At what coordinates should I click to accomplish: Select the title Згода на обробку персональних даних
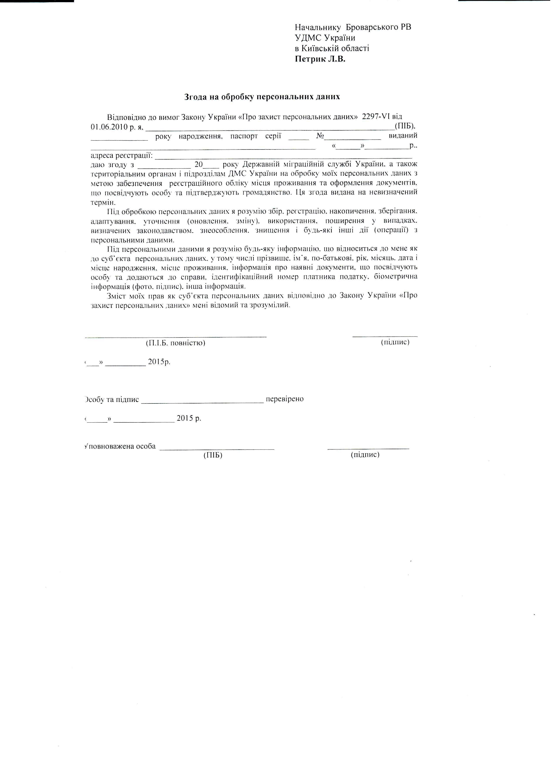[x=262, y=97]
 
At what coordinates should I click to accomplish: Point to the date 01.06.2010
[x=107, y=127]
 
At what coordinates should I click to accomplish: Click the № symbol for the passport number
[x=320, y=136]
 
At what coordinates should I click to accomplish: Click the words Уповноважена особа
[x=120, y=446]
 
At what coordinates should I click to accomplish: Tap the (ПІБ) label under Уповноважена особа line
[x=213, y=455]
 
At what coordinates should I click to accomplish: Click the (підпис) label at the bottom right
[x=365, y=455]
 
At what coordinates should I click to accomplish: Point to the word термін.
[x=103, y=203]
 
